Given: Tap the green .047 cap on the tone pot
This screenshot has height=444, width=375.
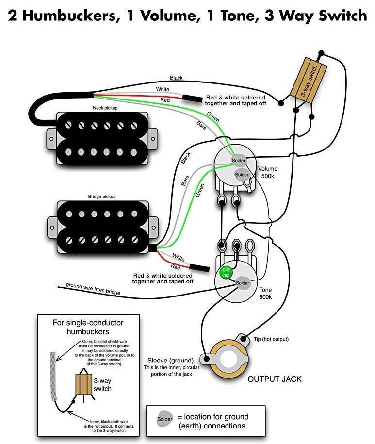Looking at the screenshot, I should pyautogui.click(x=226, y=273).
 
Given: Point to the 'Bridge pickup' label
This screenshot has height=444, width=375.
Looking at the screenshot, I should pyautogui.click(x=102, y=197).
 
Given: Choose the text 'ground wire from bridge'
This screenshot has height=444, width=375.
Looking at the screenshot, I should pyautogui.click(x=93, y=289).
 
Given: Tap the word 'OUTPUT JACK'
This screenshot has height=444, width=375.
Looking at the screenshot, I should pyautogui.click(x=275, y=378).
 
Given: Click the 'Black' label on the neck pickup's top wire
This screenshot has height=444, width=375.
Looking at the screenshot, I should pyautogui.click(x=176, y=78).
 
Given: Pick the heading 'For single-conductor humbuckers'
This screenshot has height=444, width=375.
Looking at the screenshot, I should pyautogui.click(x=88, y=327).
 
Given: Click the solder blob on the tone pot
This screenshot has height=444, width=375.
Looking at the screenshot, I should pyautogui.click(x=242, y=282).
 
